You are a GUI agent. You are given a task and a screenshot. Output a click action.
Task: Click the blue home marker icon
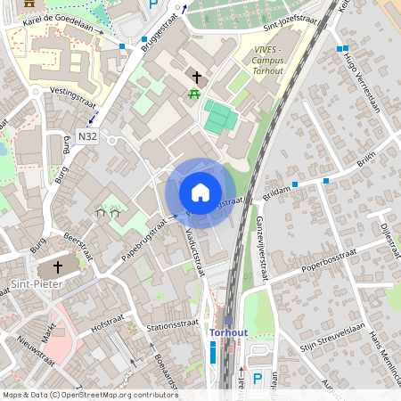click(200, 192)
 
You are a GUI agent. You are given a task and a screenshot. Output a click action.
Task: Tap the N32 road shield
click(86, 136)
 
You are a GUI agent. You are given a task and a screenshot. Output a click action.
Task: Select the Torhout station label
click(228, 332)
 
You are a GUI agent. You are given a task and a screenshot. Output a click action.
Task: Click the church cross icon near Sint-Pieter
click(59, 266)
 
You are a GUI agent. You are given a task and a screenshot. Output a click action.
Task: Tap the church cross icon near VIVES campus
click(196, 78)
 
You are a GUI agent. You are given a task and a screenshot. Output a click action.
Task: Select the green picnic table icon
click(194, 94)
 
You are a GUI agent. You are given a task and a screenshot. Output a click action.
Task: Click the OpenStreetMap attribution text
click(90, 394)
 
